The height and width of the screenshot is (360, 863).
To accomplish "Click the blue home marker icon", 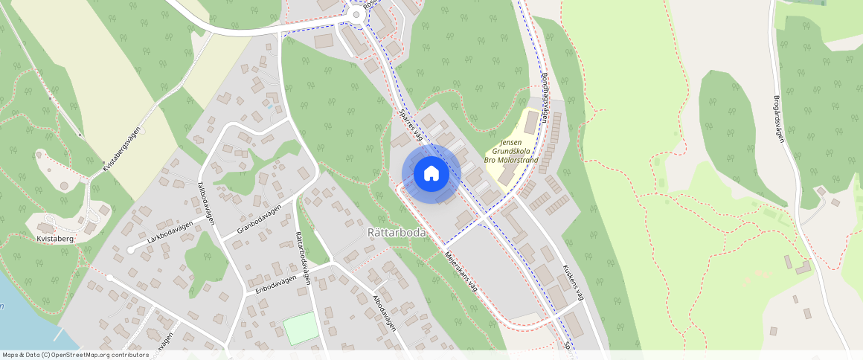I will pyautogui.click(x=431, y=173).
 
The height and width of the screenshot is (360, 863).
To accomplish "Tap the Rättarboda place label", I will pyautogui.click(x=397, y=233).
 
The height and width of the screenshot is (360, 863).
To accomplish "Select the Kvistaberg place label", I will pyautogui.click(x=55, y=240).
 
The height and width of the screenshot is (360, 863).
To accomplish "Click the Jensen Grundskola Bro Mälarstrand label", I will pyautogui.click(x=510, y=151).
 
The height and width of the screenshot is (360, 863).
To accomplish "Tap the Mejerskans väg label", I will pyautogui.click(x=461, y=275).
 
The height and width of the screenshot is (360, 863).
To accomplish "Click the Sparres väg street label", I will pyautogui.click(x=411, y=126).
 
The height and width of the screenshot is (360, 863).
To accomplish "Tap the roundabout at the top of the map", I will pyautogui.click(x=356, y=14).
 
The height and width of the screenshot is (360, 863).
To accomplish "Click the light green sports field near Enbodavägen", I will pyautogui.click(x=301, y=328).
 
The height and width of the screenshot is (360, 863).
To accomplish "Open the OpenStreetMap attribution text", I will pyautogui.click(x=75, y=355).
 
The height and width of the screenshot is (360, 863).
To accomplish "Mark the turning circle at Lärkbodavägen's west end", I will pyautogui.click(x=131, y=250).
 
